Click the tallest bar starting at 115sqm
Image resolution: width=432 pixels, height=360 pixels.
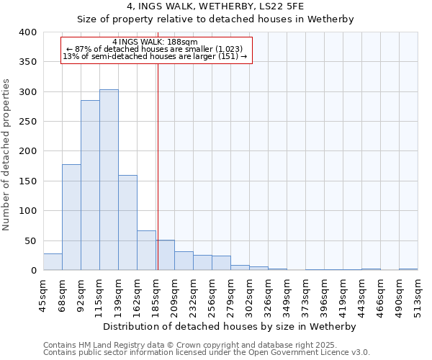coord(109,180)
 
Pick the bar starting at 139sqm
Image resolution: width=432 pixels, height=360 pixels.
coord(127,223)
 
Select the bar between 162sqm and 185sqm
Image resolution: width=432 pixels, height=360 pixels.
coord(146,251)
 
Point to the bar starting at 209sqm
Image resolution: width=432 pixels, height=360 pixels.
coord(184,261)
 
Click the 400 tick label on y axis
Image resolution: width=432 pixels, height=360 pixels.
coord(27,32)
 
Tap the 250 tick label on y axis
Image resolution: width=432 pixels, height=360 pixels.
coord(27,122)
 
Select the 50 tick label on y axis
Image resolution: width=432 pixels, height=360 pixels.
coord(30,240)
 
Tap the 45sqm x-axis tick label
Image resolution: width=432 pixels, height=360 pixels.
coord(43,292)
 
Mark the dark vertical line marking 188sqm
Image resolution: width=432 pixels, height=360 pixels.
coord(158,166)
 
